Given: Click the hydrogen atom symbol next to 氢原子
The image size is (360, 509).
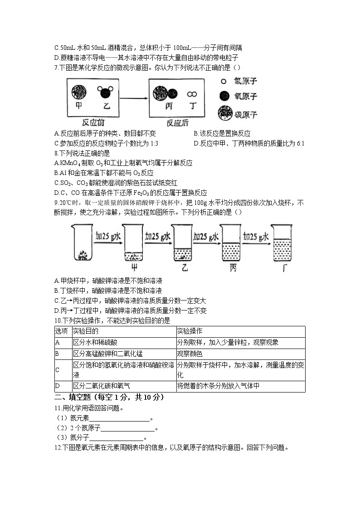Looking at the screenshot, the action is [224, 82].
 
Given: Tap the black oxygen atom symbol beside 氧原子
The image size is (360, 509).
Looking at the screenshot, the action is [224, 96].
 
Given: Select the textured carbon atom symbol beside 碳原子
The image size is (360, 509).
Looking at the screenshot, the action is [224, 113].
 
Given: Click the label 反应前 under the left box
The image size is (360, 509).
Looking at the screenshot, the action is [93, 123].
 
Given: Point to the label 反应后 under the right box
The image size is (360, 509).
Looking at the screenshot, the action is [178, 123].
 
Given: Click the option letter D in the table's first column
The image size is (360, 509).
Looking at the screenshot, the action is [58, 386].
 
